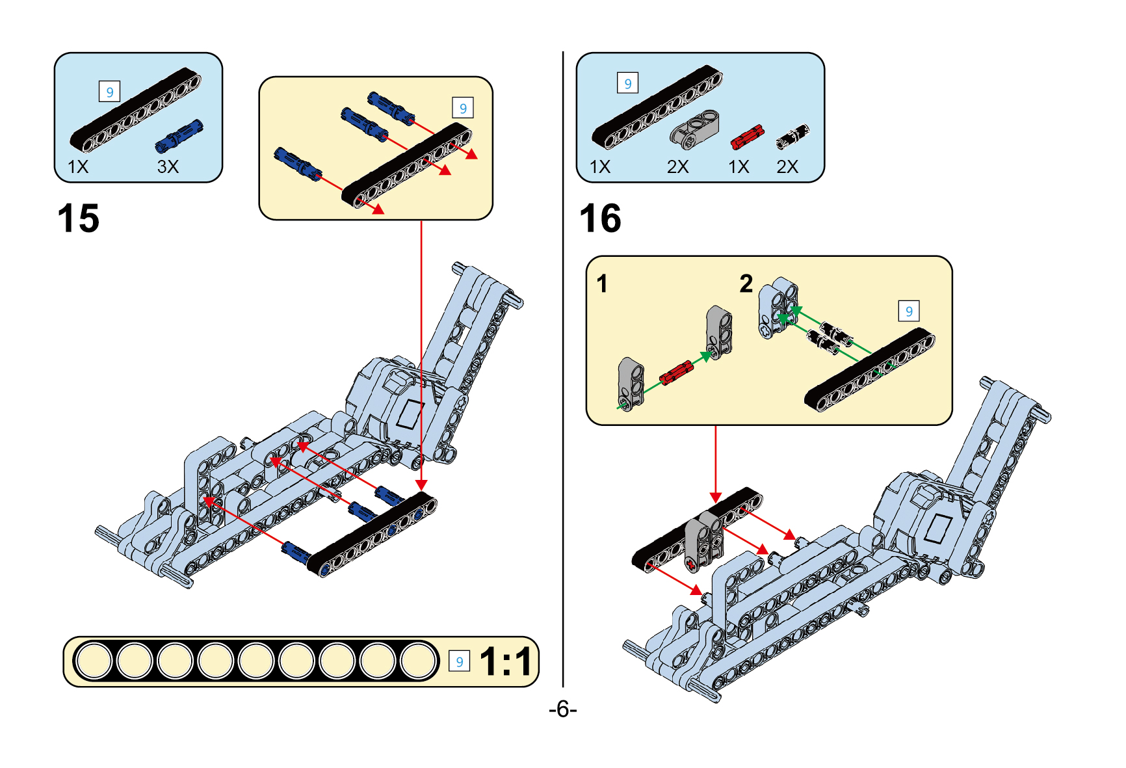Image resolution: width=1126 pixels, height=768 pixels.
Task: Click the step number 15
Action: tap(79, 218)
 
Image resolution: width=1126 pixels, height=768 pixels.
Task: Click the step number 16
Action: tap(600, 218)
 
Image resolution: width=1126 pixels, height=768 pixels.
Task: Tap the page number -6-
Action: tap(562, 709)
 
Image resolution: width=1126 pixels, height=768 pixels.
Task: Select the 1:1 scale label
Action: tap(506, 662)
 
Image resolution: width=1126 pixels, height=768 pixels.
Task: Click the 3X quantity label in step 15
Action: tap(168, 167)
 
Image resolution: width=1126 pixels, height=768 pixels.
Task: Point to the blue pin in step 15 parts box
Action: tap(179, 137)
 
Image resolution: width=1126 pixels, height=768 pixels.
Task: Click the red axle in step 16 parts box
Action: tap(747, 137)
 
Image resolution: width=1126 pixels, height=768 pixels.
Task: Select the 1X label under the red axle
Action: tap(739, 167)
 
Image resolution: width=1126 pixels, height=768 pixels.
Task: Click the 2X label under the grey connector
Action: tap(677, 167)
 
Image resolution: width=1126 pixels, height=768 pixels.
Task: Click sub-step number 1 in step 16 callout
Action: tap(603, 284)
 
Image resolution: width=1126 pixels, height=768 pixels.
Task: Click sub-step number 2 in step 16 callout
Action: tap(746, 284)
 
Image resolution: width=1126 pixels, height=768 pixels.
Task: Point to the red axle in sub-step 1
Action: tap(676, 373)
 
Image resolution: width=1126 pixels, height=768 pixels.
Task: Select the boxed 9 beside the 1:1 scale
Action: tap(459, 662)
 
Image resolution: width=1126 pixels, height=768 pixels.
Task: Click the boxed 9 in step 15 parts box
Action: tap(109, 92)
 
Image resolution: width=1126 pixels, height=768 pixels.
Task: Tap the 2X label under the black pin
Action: tap(787, 167)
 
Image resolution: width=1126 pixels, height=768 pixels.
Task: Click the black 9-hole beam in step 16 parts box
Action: tap(657, 107)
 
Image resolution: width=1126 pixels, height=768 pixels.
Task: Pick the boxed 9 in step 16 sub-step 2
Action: tap(909, 311)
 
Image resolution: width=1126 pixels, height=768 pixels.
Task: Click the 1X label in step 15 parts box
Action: tap(78, 167)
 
